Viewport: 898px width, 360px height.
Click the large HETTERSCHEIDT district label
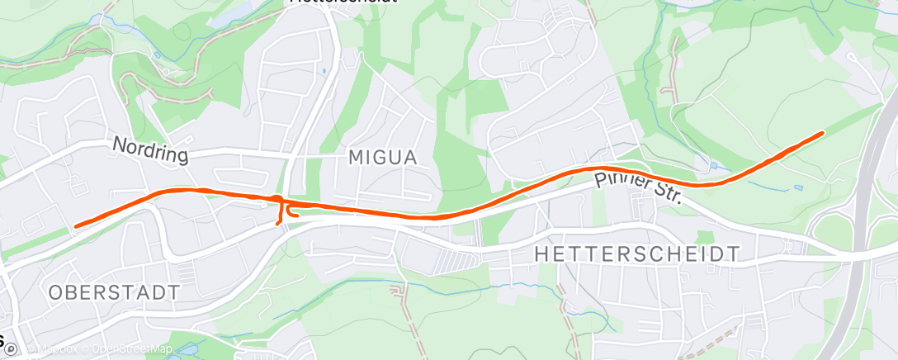(x=637, y=253)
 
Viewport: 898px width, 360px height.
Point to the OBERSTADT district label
(x=114, y=292)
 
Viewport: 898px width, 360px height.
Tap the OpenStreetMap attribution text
(x=132, y=349)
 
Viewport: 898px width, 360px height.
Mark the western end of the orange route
(x=76, y=225)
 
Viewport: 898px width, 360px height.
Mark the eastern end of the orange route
(x=822, y=133)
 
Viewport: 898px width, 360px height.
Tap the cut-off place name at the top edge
(x=343, y=2)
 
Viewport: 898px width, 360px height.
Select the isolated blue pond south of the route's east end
(x=798, y=187)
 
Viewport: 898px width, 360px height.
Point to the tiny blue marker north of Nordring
(x=324, y=72)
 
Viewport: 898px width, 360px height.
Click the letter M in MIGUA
(x=356, y=157)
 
